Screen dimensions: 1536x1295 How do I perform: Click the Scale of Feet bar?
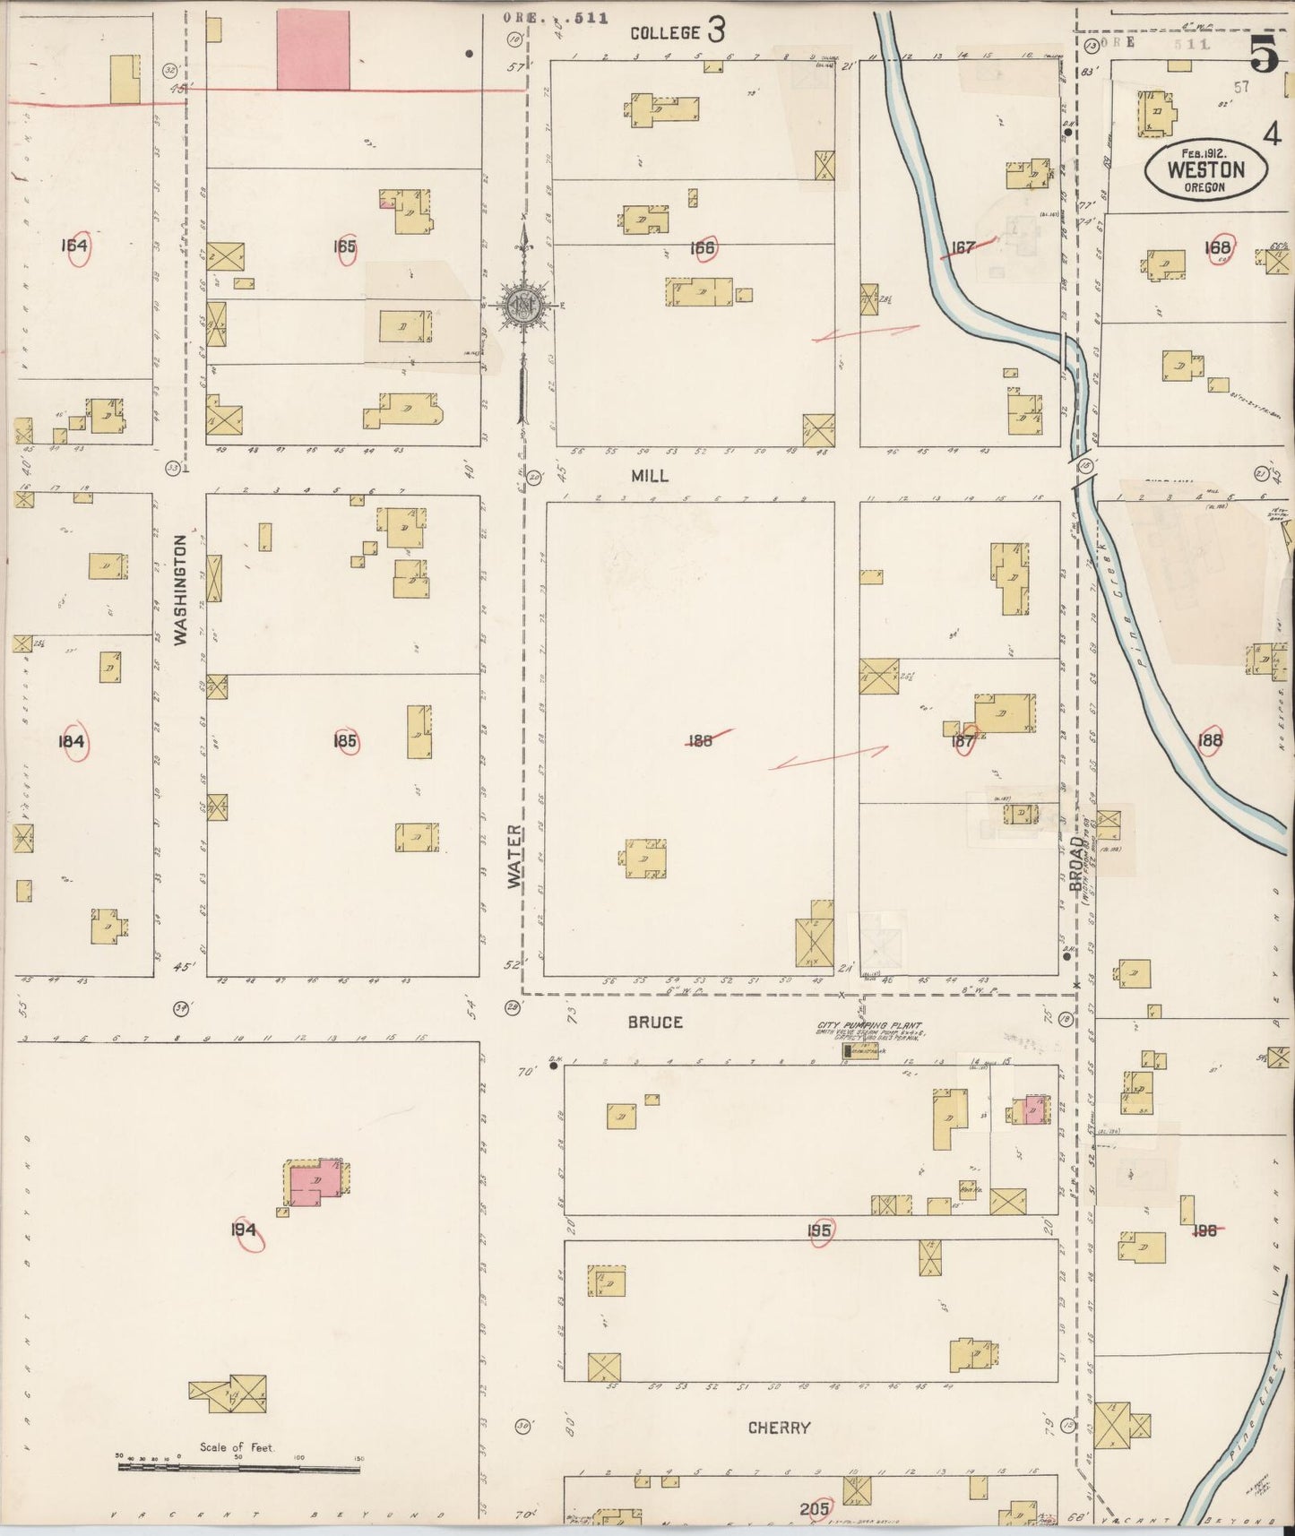(x=238, y=1468)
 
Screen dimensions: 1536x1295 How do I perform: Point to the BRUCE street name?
(x=654, y=1022)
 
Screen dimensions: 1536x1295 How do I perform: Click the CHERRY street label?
(x=779, y=1428)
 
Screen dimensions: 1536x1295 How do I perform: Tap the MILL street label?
(x=649, y=476)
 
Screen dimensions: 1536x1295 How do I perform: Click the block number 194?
(x=244, y=1230)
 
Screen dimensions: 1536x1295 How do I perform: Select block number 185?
(x=345, y=740)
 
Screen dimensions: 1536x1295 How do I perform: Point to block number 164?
(x=75, y=245)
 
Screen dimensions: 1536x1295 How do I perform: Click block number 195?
(x=818, y=1230)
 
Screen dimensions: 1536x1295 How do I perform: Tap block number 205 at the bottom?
(x=814, y=1509)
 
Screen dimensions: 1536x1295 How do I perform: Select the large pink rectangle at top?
(x=313, y=49)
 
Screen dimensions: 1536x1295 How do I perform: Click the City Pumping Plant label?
(x=868, y=1026)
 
